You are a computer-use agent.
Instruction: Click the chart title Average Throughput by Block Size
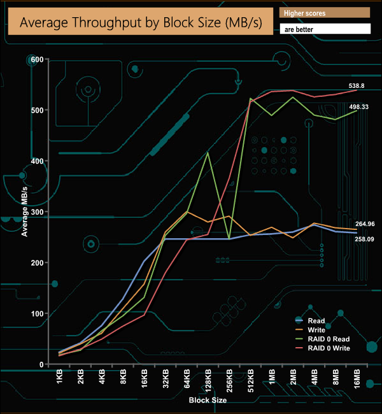pos(138,22)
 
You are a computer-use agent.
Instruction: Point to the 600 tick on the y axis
pos(36,59)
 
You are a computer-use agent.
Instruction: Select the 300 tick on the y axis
pos(36,212)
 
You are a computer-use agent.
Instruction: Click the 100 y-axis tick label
pos(36,314)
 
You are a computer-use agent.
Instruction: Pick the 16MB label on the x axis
pos(357,380)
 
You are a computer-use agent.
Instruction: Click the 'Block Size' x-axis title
pos(208,401)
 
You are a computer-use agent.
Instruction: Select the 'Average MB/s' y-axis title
pos(24,212)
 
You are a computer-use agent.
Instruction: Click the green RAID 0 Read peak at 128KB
pos(208,153)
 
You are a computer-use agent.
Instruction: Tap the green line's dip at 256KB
pos(229,238)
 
